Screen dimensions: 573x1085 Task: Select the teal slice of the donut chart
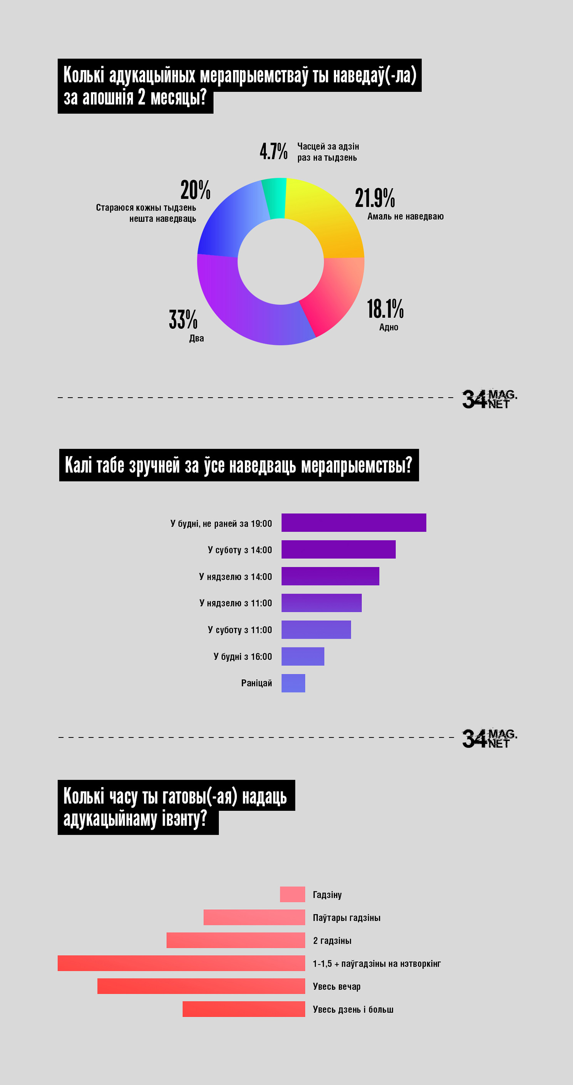click(x=275, y=198)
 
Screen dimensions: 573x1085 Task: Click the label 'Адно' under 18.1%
click(x=389, y=327)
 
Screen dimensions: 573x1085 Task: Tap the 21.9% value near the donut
click(x=375, y=198)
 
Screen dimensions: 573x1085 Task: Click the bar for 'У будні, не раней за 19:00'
click(x=354, y=523)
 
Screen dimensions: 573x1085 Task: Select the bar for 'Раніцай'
click(x=293, y=683)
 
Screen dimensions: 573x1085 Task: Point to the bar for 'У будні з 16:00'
click(x=303, y=656)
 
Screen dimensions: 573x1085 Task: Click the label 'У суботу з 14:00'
click(x=240, y=550)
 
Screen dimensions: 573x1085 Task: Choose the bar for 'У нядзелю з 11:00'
click(x=321, y=603)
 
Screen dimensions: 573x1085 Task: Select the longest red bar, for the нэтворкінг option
click(x=181, y=963)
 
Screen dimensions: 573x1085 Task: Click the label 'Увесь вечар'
click(x=337, y=986)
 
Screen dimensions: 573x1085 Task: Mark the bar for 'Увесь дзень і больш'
click(x=244, y=1009)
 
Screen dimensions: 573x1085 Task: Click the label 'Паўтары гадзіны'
click(x=347, y=918)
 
